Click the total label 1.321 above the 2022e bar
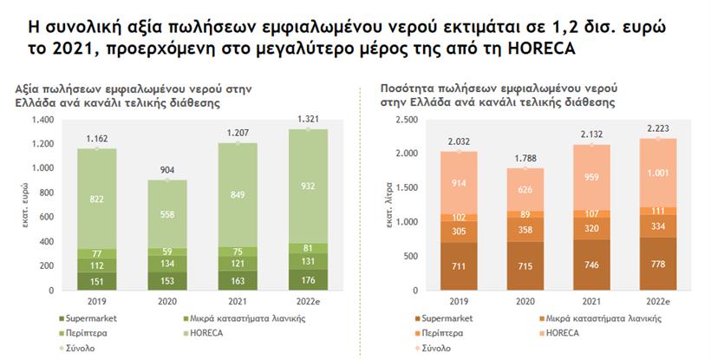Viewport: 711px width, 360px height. (x=307, y=119)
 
